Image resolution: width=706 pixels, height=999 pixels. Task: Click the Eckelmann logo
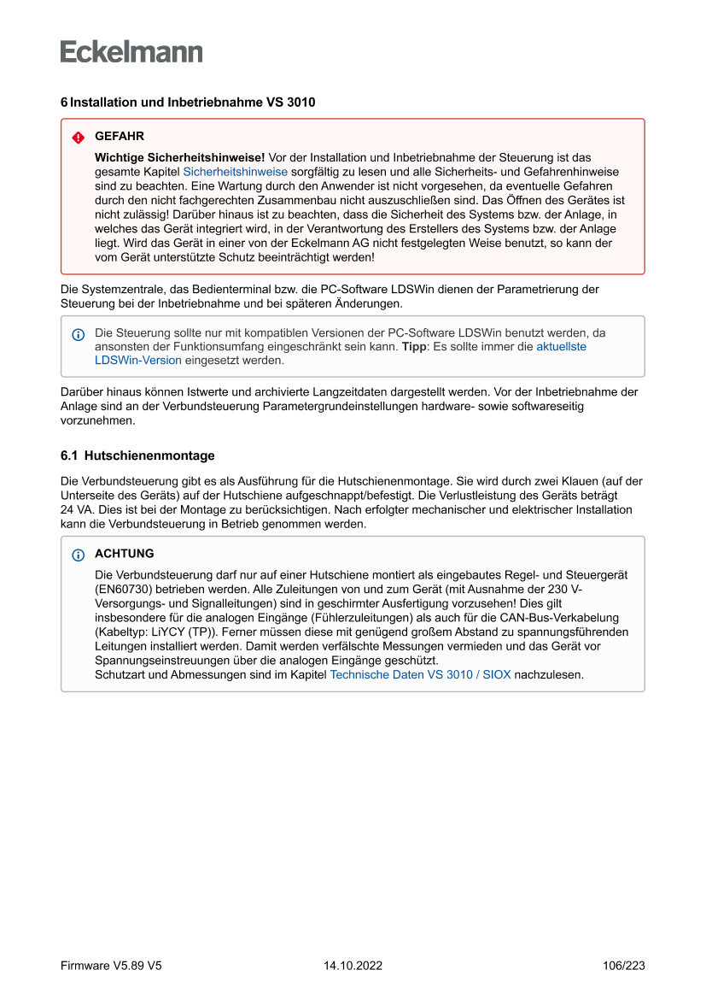tap(131, 51)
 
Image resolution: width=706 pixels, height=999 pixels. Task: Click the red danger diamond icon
tap(79, 137)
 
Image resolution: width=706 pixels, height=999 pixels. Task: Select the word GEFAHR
tap(120, 137)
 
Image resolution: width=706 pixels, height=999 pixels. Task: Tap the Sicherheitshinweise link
tap(235, 171)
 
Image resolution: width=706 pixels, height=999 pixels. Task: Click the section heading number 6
tap(64, 103)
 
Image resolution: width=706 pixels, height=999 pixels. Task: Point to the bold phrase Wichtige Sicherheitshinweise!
tap(180, 157)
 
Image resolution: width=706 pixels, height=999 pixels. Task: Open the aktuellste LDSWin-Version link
tap(561, 347)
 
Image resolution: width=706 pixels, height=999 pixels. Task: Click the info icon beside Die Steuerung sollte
tap(79, 333)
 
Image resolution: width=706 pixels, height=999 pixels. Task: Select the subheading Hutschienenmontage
tap(149, 455)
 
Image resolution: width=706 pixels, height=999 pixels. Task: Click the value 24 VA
tap(76, 510)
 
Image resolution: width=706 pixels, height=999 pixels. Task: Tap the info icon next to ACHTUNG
tap(79, 555)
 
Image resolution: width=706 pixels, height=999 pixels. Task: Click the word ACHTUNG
tap(125, 554)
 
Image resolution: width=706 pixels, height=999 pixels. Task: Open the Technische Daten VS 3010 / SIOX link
tap(420, 674)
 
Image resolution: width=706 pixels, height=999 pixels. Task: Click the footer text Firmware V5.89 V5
tap(111, 966)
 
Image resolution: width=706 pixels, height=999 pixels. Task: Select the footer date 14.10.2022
tap(353, 966)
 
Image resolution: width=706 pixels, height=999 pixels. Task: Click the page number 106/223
tap(623, 966)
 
